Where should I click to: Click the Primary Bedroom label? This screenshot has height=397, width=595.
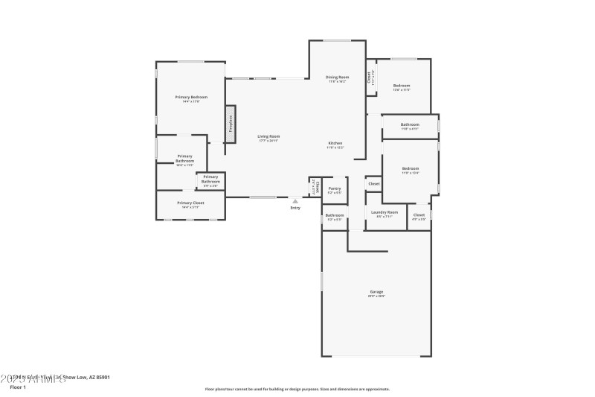coord(191,98)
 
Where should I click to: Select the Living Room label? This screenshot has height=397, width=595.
coord(268,136)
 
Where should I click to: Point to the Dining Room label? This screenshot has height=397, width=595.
coord(337,77)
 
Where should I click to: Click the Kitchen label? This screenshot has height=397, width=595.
coord(335,143)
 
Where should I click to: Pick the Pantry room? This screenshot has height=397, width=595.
coord(335,190)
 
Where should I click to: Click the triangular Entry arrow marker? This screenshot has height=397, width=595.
coord(295,200)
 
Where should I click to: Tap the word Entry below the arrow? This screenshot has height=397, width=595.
coord(295,208)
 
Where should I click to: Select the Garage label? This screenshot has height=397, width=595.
coord(376,291)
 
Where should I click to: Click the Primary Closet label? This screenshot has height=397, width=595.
coord(190,203)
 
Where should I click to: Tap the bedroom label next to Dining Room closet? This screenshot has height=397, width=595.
coord(402,86)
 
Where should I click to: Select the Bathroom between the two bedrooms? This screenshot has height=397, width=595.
coord(410,125)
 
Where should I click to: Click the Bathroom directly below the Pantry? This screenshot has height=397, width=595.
coord(334,217)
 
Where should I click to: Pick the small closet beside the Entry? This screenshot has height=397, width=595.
coord(315,187)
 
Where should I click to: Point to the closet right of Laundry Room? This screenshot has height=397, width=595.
coord(419,215)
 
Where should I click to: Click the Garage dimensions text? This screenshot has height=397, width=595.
coord(376,296)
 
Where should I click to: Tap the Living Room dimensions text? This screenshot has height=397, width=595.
coord(268,141)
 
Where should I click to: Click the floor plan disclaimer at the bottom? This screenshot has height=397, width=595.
coord(297,389)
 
